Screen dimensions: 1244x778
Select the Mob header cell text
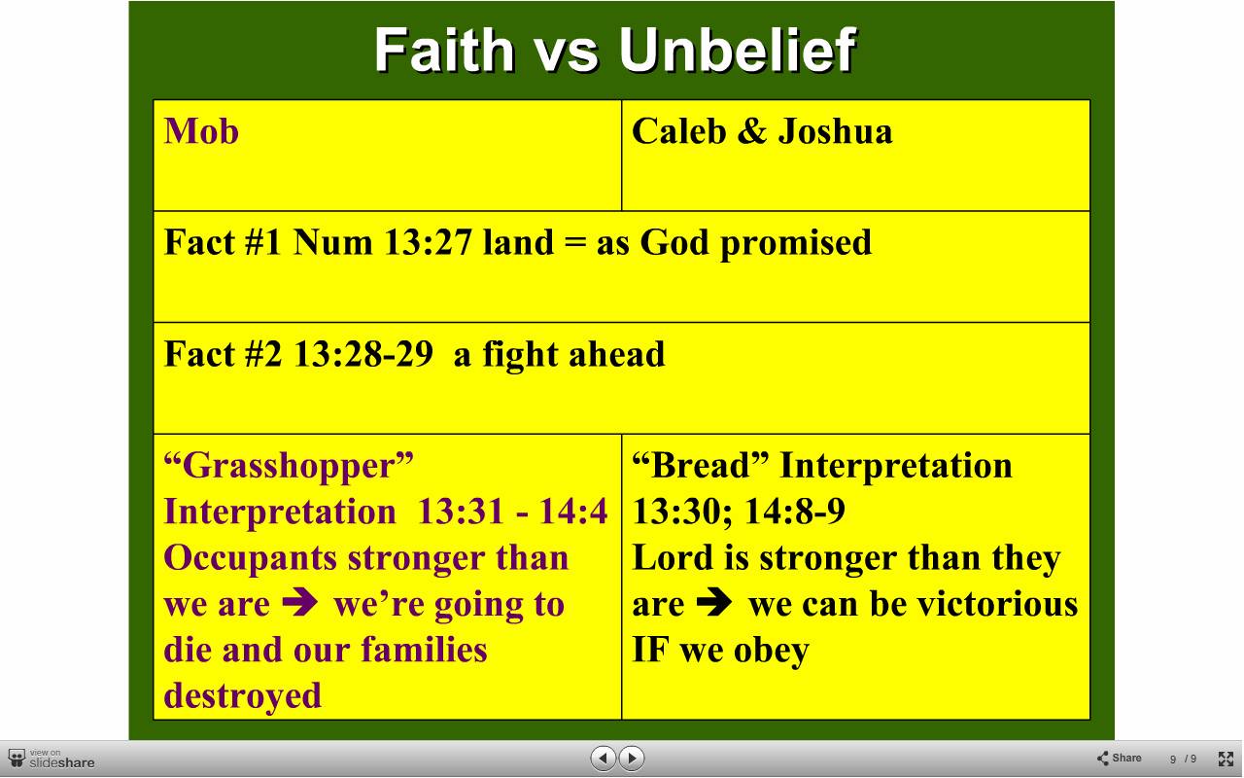click(201, 131)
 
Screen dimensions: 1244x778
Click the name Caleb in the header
click(679, 131)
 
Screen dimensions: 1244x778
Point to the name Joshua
click(835, 131)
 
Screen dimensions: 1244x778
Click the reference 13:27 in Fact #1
click(428, 243)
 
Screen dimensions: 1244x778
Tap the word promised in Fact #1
click(796, 244)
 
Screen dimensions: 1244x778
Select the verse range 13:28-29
click(363, 354)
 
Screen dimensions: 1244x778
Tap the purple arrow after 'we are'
click(300, 602)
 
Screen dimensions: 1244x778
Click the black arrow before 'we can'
click(714, 602)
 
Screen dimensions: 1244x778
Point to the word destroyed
click(243, 696)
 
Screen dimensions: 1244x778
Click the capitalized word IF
click(650, 651)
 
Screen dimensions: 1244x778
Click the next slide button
click(632, 758)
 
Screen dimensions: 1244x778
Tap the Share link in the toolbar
click(1119, 758)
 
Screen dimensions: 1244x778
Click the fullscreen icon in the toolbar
click(1226, 759)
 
